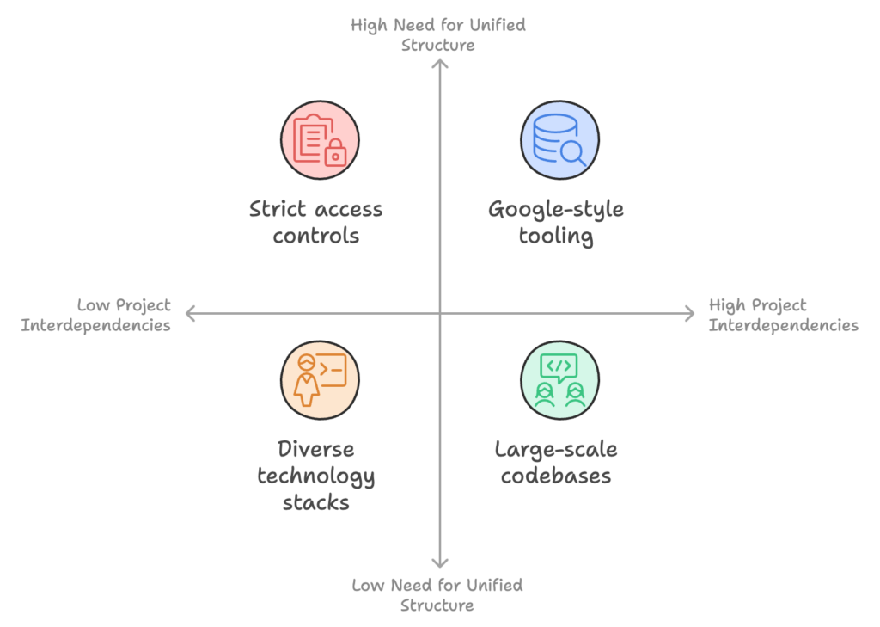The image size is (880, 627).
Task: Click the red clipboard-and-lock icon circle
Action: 320,140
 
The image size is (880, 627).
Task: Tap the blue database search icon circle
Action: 559,140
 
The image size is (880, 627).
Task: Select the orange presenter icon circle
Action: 320,380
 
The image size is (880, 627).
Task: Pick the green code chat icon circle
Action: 559,380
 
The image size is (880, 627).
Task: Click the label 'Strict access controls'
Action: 316,222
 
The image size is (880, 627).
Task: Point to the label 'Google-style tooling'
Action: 556,223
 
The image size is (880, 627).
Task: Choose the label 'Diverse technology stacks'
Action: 316,476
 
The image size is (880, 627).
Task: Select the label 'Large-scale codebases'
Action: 556,463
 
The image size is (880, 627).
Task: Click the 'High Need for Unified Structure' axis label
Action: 438,34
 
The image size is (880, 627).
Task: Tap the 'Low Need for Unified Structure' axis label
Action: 437,595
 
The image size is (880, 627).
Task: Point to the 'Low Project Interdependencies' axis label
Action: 96,315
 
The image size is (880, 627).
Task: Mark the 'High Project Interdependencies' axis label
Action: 784,315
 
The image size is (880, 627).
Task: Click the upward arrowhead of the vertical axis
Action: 440,61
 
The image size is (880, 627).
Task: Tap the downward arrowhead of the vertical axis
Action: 440,565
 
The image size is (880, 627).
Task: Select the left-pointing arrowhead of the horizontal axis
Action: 188,313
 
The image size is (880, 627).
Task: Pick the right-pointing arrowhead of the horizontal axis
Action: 692,313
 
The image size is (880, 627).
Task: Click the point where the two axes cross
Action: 440,313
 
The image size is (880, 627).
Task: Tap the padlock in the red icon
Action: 336,152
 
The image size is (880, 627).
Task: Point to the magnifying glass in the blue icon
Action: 573,153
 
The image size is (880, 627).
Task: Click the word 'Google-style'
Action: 556,210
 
